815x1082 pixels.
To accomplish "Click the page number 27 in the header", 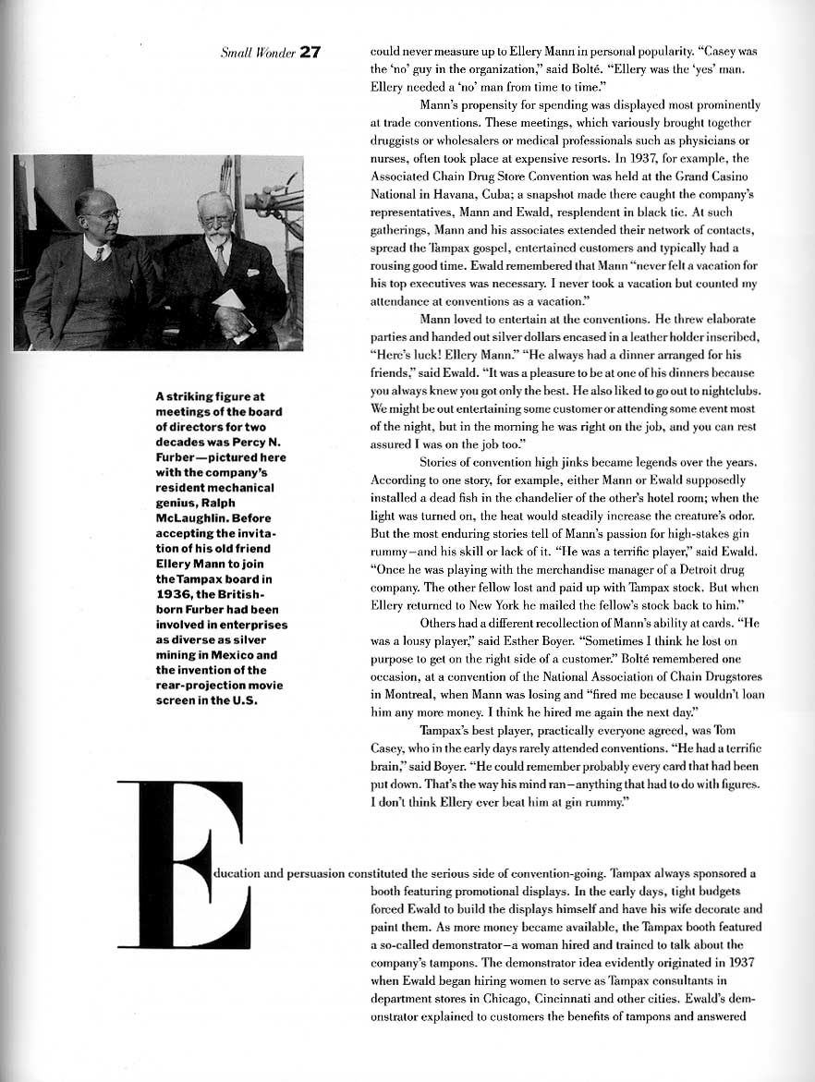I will [310, 52].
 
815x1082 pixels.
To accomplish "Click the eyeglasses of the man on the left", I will [103, 215].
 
